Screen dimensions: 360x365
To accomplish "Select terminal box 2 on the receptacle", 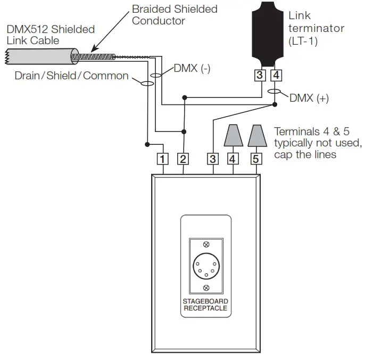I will [184, 158].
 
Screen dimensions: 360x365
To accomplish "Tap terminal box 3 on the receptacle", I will [213, 158].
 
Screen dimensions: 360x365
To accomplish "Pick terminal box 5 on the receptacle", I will [256, 158].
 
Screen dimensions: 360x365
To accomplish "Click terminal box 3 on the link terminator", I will [259, 75].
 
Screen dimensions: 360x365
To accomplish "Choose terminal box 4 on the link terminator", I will [275, 75].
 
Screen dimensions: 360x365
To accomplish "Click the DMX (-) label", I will [192, 69].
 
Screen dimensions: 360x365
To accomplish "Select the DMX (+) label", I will [309, 98].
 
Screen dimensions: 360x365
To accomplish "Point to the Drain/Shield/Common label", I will [72, 76].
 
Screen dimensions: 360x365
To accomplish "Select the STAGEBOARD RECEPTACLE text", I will [205, 304].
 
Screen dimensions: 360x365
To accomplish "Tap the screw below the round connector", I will [206, 288].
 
